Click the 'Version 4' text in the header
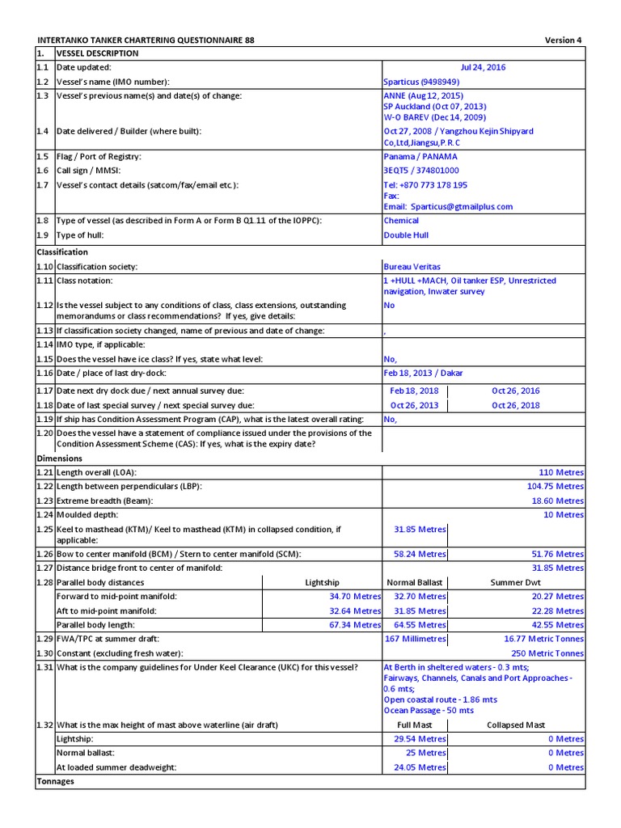click(x=562, y=40)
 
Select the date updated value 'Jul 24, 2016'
click(x=483, y=67)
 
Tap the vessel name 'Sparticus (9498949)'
click(x=421, y=82)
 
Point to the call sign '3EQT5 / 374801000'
click(x=420, y=171)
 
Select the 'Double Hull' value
click(x=406, y=235)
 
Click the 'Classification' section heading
click(x=62, y=251)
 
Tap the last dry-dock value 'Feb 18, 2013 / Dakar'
click(x=423, y=373)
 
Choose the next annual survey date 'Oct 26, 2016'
click(x=515, y=391)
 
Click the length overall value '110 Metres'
click(x=561, y=472)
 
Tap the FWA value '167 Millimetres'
click(x=414, y=639)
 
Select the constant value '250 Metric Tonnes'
click(x=547, y=653)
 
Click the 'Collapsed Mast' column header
click(x=516, y=725)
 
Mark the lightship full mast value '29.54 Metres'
click(x=420, y=739)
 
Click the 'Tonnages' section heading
click(x=56, y=781)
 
